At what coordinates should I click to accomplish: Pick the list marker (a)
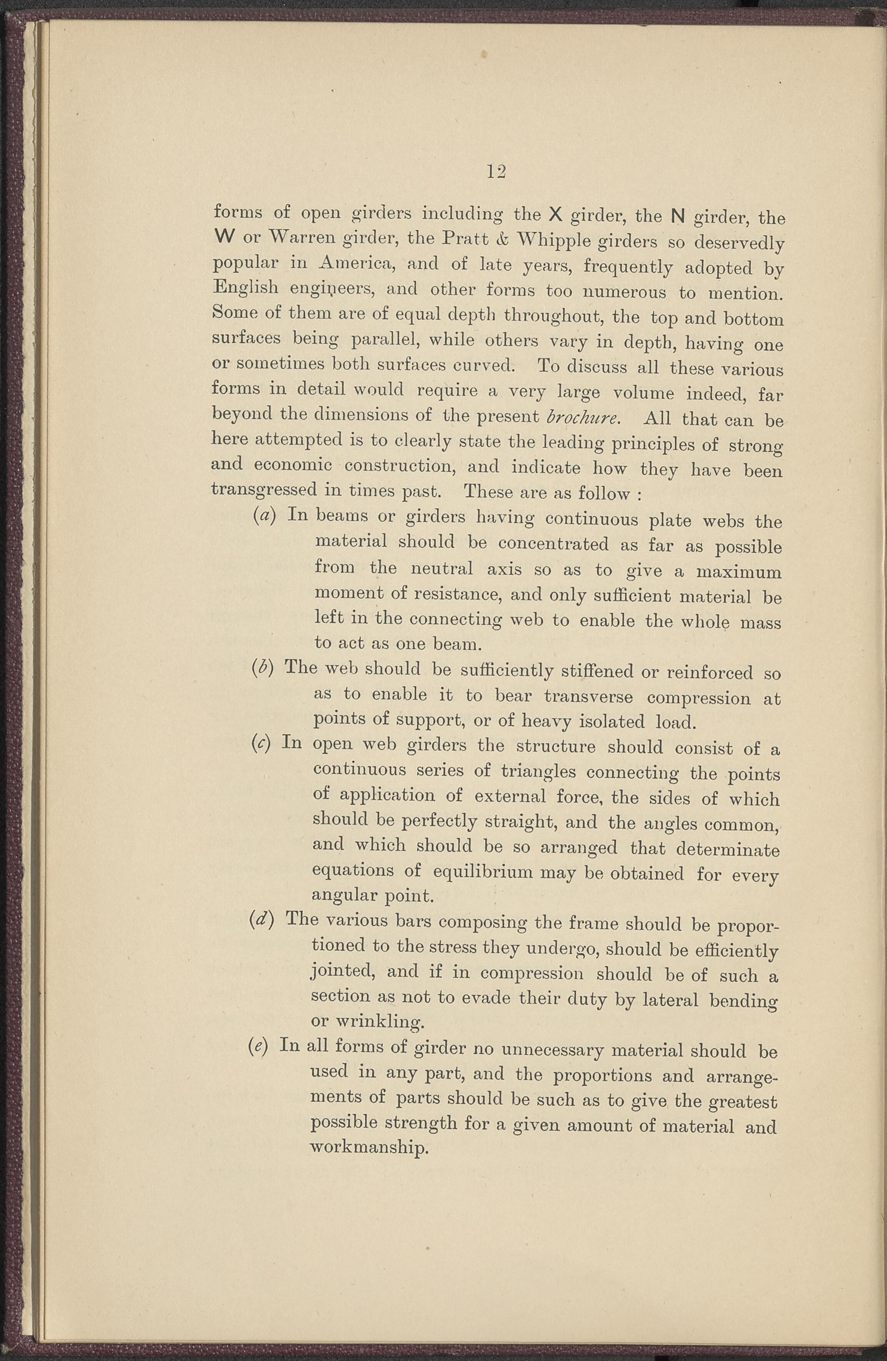(265, 515)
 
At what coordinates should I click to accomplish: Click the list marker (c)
(263, 744)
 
